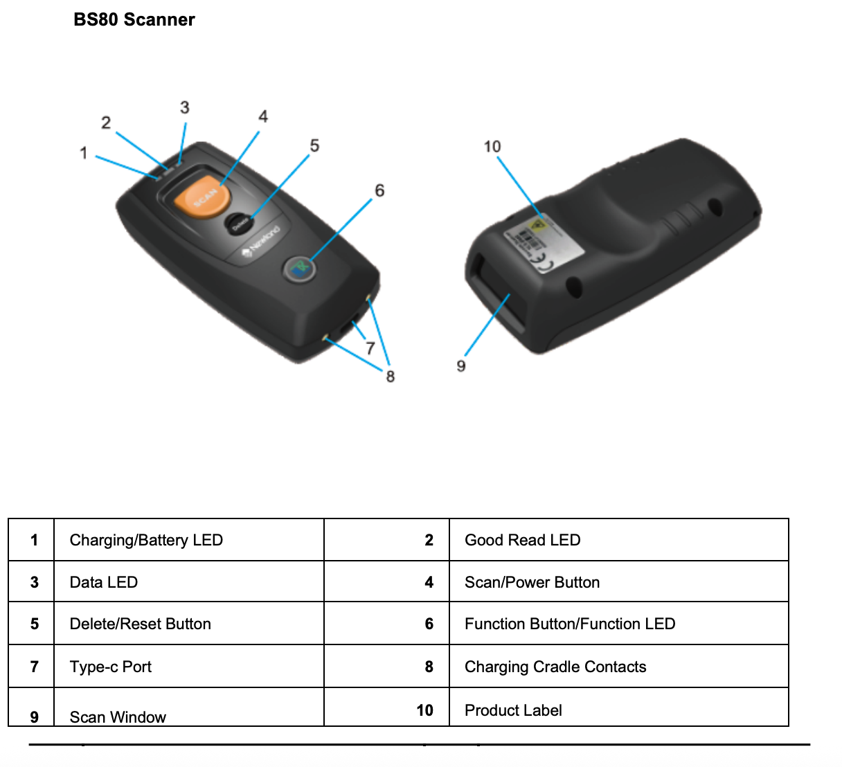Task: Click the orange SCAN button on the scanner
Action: (202, 195)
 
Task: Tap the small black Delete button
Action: (239, 224)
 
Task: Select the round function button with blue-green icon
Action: (300, 268)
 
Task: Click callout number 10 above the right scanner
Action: (492, 147)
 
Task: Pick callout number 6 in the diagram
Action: (379, 190)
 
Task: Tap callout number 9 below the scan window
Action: (461, 366)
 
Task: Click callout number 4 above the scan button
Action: (263, 116)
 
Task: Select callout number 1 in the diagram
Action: (84, 152)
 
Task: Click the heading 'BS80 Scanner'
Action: (134, 20)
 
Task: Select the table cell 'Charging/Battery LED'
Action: (146, 540)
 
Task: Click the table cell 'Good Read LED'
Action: (522, 540)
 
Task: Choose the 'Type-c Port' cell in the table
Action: (111, 667)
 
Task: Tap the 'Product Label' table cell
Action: (513, 710)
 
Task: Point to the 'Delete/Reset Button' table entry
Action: (140, 624)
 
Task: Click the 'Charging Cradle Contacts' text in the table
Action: (555, 667)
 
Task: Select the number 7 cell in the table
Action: (34, 667)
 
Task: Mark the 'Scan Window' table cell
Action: (118, 716)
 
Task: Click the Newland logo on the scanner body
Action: (261, 242)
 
